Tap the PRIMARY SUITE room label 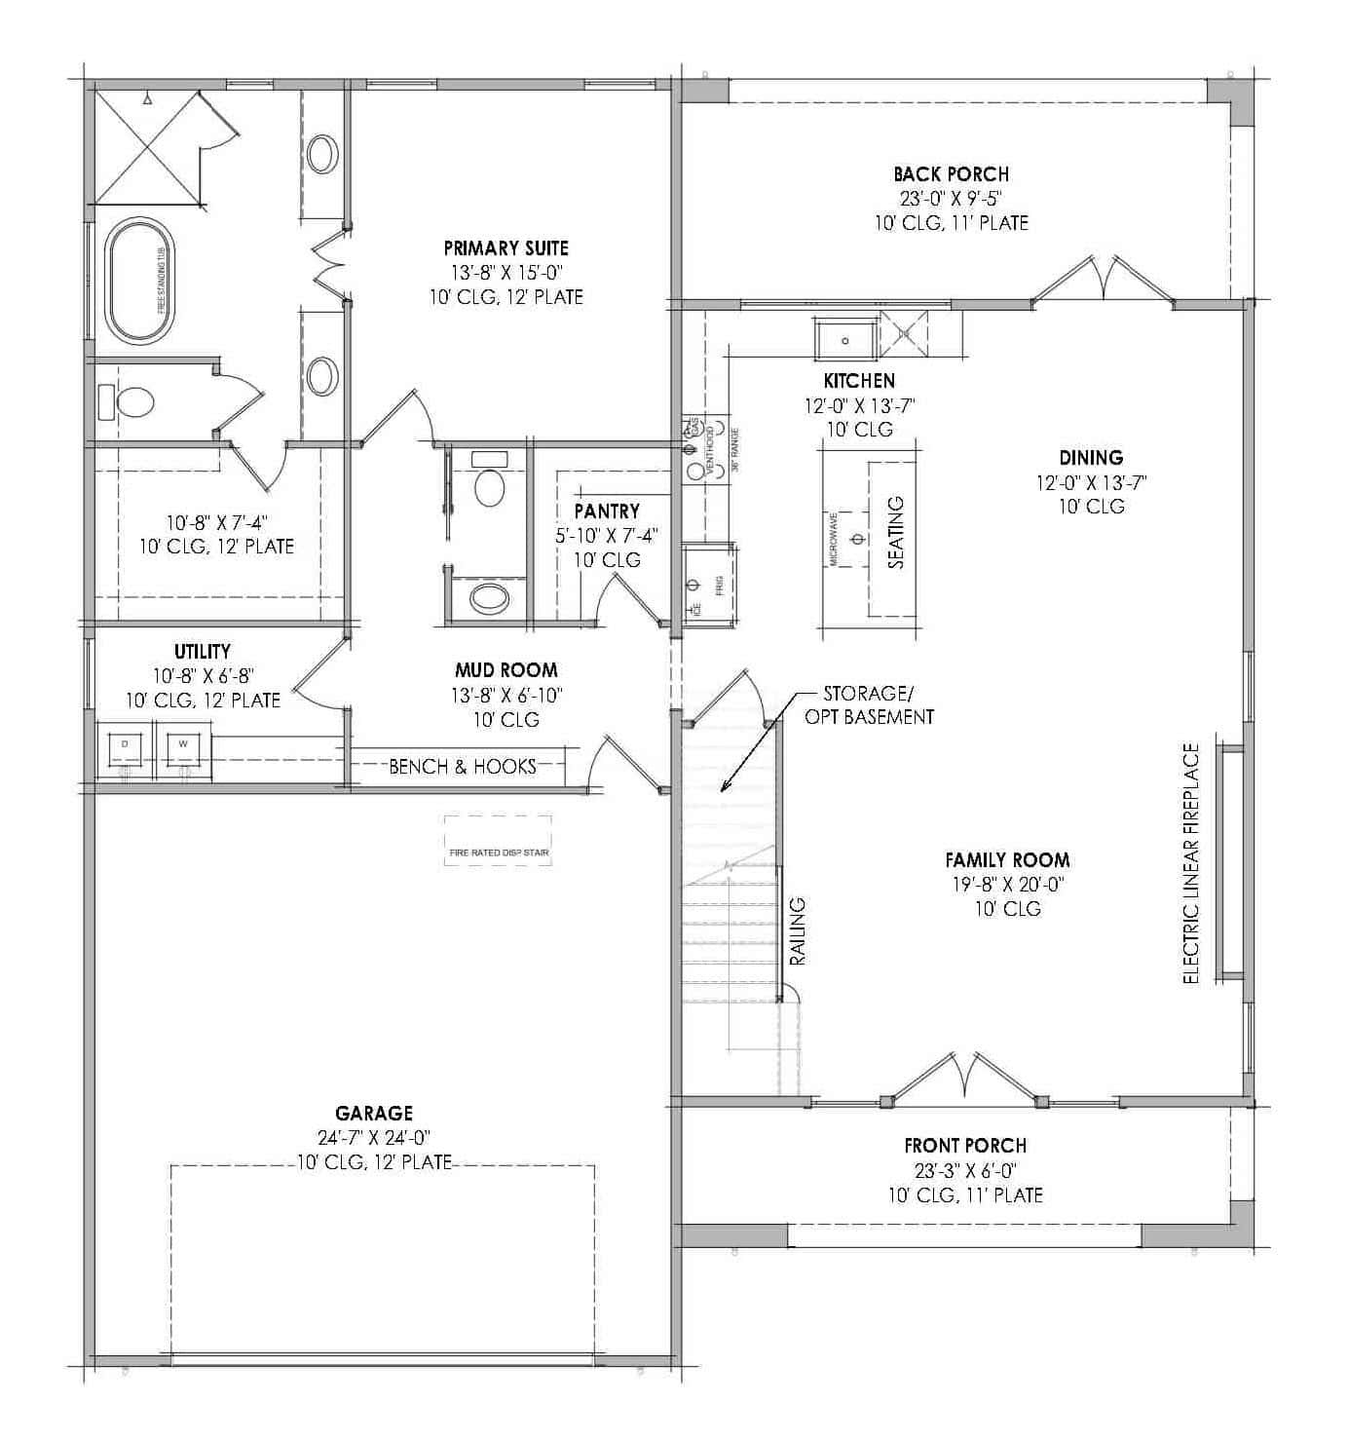[x=505, y=248]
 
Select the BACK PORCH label [x=951, y=174]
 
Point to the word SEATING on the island [x=896, y=532]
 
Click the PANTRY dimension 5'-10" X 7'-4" [x=607, y=535]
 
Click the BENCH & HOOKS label [x=463, y=767]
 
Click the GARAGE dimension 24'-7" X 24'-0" [x=375, y=1137]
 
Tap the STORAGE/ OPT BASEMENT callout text [x=869, y=705]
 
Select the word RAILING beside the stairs [x=798, y=931]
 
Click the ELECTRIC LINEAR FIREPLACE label [x=1191, y=863]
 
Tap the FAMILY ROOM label [x=1007, y=860]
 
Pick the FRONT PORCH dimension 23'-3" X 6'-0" [x=965, y=1170]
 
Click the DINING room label [x=1091, y=458]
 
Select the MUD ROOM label [x=505, y=670]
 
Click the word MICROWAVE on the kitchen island [x=834, y=539]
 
